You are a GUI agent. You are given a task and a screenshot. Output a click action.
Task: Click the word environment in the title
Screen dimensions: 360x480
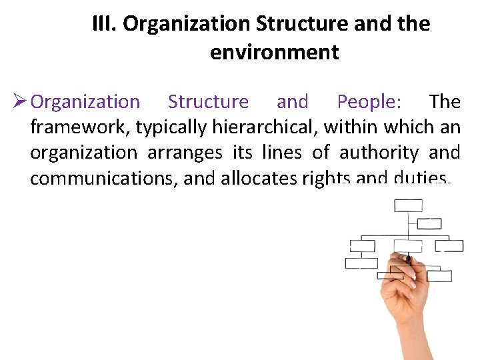coord(274,52)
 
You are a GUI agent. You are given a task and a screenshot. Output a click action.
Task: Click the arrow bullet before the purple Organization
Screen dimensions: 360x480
coord(18,102)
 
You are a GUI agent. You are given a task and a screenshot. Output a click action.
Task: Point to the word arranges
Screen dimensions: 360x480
coord(184,153)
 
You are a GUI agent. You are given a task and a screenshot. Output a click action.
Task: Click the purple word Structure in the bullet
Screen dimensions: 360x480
coord(208,102)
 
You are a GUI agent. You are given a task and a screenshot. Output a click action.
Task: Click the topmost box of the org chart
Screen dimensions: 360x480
coord(408,205)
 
